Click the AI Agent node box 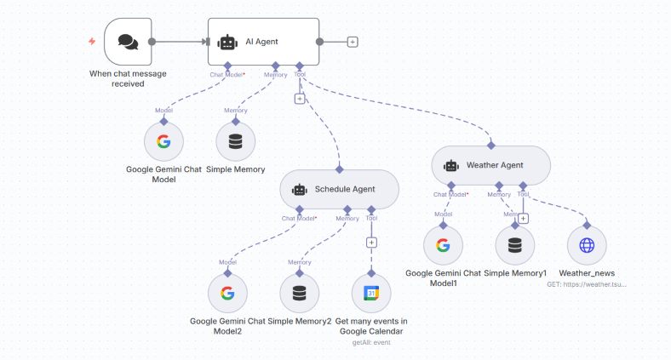point(263,42)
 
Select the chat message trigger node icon point(128,42)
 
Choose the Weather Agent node point(491,165)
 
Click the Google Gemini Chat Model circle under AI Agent point(163,141)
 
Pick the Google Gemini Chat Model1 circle point(443,246)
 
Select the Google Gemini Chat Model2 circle point(227,294)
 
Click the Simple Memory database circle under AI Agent point(236,141)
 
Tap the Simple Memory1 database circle point(514,246)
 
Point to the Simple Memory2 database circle point(299,294)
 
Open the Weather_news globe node point(587,246)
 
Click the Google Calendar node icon point(371,294)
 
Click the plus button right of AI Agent point(353,42)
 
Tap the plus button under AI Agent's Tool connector point(299,99)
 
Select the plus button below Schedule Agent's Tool point(371,242)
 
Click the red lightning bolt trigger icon point(92,41)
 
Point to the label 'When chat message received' point(128,78)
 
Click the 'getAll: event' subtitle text point(370,343)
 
